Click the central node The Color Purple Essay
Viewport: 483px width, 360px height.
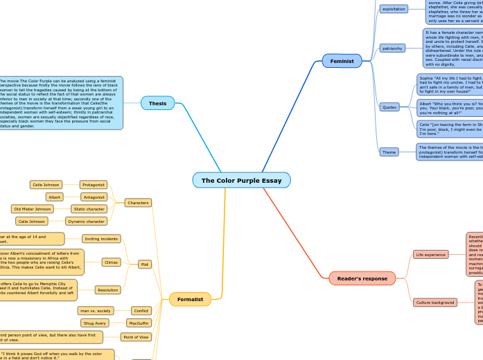coord(241,181)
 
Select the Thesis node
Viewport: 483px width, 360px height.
coord(157,104)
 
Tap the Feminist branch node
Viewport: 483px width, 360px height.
coord(342,61)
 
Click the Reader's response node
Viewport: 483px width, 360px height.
coord(362,278)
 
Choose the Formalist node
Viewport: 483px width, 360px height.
coord(190,300)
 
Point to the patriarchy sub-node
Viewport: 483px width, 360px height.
coord(392,48)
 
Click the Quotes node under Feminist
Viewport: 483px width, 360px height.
coord(389,107)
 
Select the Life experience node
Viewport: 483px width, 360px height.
coord(431,255)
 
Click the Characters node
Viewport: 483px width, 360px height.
coord(138,203)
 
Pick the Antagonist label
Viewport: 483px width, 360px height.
coord(93,197)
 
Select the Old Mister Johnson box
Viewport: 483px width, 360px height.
coord(33,209)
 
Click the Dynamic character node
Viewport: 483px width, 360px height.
coord(87,222)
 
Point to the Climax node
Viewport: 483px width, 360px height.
coord(111,262)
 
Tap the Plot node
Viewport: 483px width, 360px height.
coord(145,264)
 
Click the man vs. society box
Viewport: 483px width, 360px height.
coord(96,311)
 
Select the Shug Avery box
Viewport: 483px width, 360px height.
coord(95,323)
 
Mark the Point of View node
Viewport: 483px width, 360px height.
coord(136,337)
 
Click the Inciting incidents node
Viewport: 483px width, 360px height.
coord(101,239)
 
